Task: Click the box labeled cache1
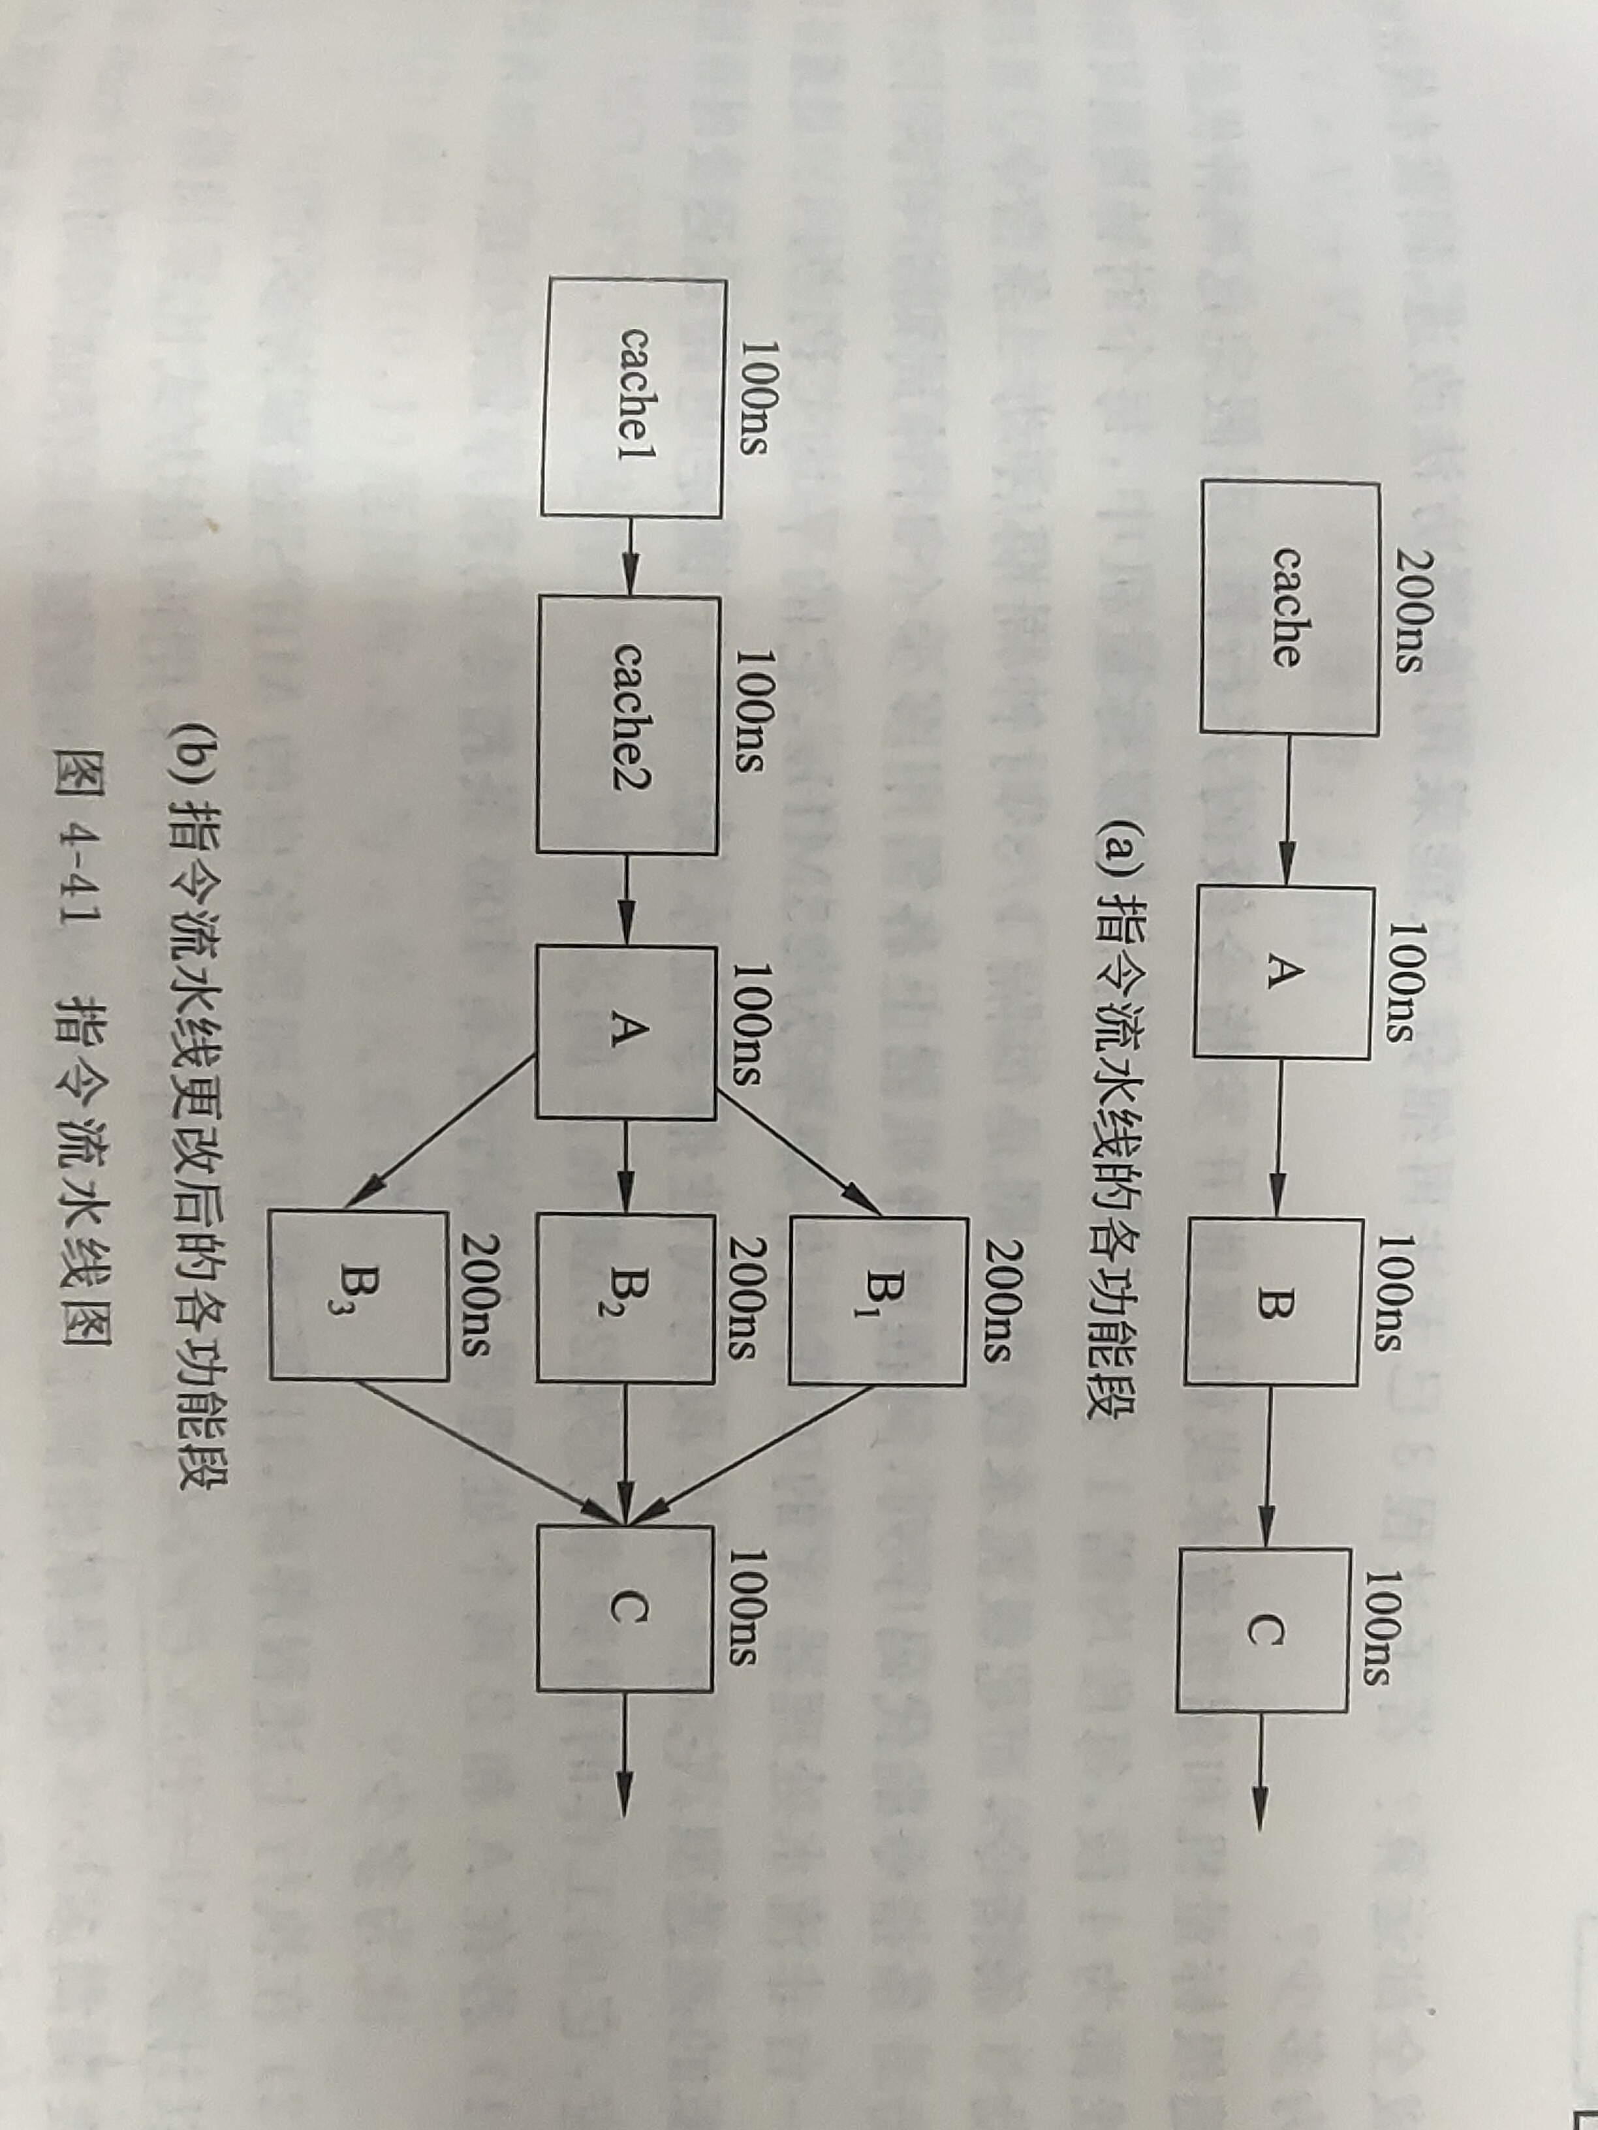pos(632,397)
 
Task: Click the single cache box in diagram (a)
pos(1289,608)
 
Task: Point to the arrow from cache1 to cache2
pos(630,559)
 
